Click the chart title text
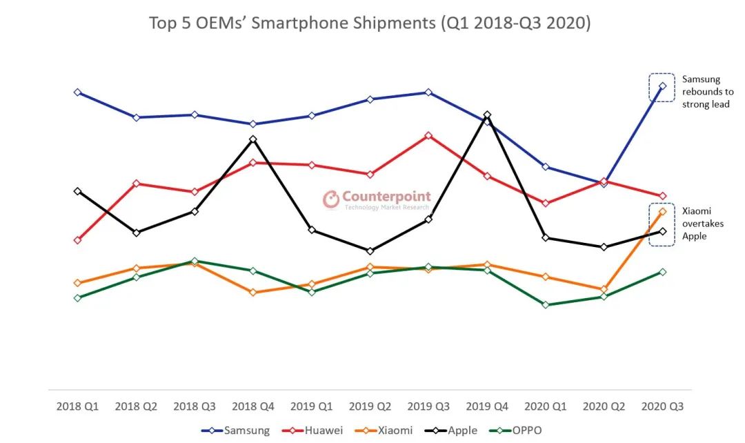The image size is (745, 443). (370, 23)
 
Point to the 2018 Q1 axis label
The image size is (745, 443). (77, 406)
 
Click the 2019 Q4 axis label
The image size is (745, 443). (487, 406)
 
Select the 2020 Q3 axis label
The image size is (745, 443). (662, 406)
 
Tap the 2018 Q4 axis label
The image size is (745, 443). (253, 406)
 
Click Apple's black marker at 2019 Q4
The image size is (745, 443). (487, 115)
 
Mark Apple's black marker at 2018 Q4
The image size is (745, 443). (253, 139)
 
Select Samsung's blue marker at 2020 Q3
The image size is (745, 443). (663, 86)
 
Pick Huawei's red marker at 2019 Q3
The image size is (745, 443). (428, 135)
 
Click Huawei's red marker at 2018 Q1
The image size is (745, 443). (77, 240)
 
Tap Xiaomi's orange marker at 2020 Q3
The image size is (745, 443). (663, 211)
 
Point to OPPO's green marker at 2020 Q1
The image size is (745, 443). (546, 304)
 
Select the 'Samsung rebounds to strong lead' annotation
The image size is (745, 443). (706, 92)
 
